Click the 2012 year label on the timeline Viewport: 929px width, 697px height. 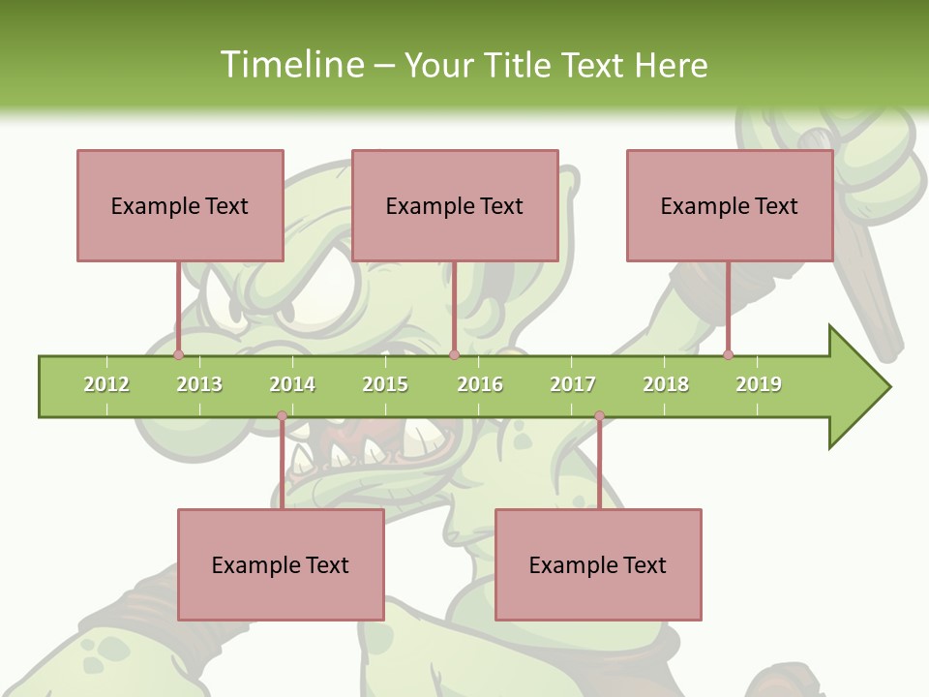click(106, 384)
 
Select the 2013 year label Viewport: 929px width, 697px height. click(199, 384)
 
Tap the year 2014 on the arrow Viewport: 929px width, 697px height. click(292, 384)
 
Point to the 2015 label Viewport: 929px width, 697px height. click(385, 384)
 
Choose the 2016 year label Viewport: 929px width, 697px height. click(480, 384)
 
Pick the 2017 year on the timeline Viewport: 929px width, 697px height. click(573, 384)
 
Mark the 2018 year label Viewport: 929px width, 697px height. click(666, 384)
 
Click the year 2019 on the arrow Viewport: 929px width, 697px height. click(759, 384)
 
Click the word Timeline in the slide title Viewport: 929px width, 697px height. click(289, 65)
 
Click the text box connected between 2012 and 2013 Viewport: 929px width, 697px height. click(180, 205)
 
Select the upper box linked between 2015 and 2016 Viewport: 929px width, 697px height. click(455, 205)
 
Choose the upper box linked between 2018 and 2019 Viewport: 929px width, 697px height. click(730, 205)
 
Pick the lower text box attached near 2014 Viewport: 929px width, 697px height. click(281, 564)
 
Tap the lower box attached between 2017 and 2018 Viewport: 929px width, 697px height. click(598, 564)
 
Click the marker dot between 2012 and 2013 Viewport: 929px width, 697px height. click(179, 354)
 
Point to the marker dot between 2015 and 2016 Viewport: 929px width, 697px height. click(454, 354)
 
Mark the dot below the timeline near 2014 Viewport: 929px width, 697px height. click(282, 416)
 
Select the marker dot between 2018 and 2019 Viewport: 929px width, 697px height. click(728, 354)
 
